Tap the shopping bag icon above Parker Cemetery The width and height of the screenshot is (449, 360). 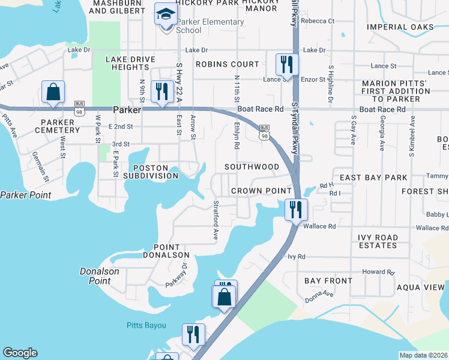(x=53, y=92)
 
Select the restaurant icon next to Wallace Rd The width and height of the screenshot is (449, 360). (x=295, y=209)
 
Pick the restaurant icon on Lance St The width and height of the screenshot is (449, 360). (x=286, y=64)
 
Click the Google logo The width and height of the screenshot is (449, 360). (x=20, y=353)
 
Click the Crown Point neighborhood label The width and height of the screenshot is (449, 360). (x=262, y=191)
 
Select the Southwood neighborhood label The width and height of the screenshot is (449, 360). (x=252, y=166)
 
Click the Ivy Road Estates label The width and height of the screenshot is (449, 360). (x=378, y=242)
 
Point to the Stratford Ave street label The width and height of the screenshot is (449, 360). (x=215, y=220)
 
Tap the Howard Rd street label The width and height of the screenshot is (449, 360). (x=378, y=272)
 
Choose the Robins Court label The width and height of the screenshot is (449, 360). (x=228, y=64)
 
